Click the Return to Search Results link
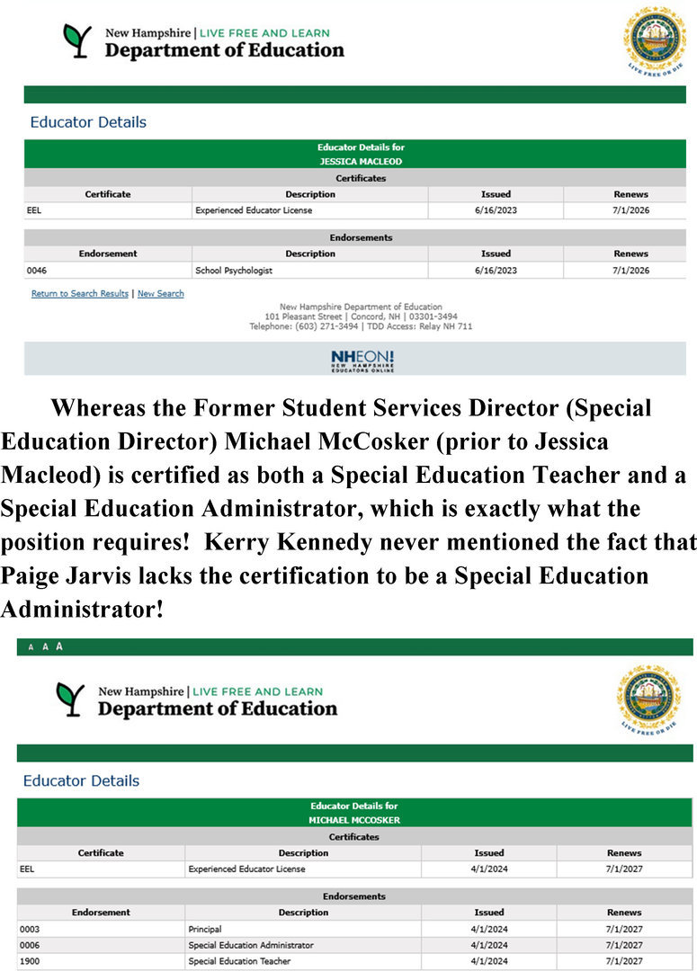[80, 294]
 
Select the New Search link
[161, 294]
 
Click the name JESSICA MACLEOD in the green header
[361, 162]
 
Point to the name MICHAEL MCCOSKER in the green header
[353, 820]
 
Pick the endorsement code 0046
[37, 271]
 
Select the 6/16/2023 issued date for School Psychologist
[496, 271]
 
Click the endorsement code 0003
[30, 929]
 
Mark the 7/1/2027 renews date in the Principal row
[624, 929]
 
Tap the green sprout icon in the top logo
[77, 41]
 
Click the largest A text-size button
[59, 646]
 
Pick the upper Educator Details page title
[88, 122]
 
